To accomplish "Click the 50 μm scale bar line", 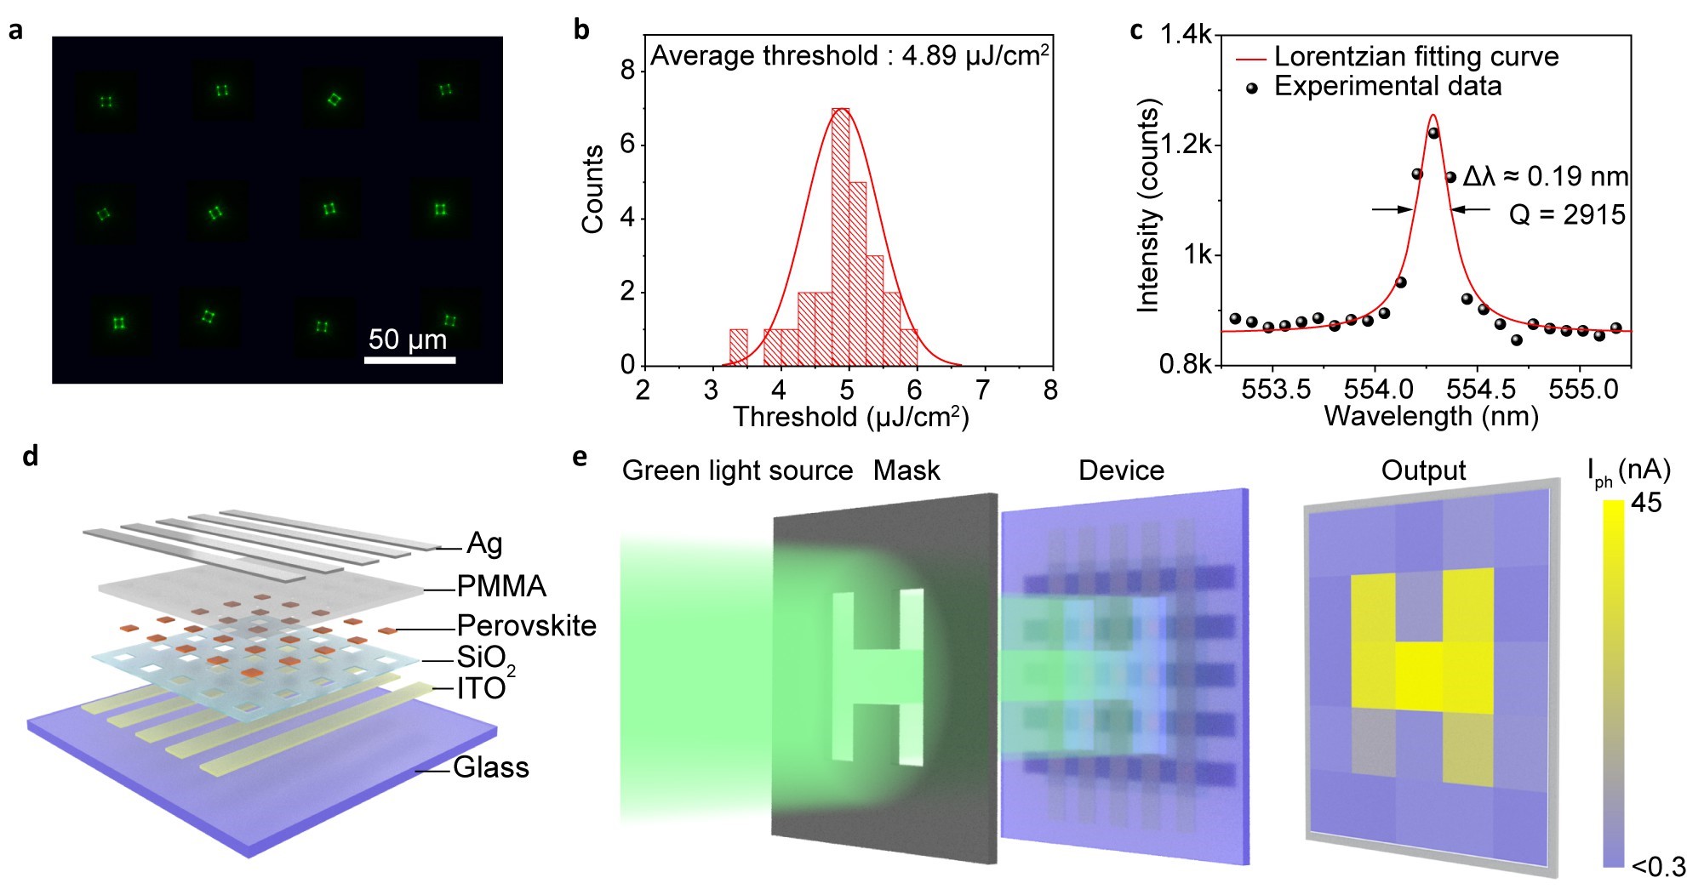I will [409, 360].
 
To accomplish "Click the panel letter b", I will [581, 30].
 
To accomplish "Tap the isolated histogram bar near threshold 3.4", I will [739, 347].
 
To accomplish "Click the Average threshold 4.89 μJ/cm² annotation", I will [849, 56].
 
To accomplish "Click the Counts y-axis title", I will [592, 189].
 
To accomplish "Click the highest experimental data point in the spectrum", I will [1433, 133].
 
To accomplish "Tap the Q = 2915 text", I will [1567, 215].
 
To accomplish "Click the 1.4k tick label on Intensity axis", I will [1186, 35].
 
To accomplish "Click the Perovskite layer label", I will [526, 626].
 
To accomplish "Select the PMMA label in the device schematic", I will [501, 587].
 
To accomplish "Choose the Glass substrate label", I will [490, 768].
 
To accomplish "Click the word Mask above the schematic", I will [906, 470].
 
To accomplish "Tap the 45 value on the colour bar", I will [1646, 503].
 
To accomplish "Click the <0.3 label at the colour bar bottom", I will [1658, 867].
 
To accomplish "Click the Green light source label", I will [737, 470].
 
